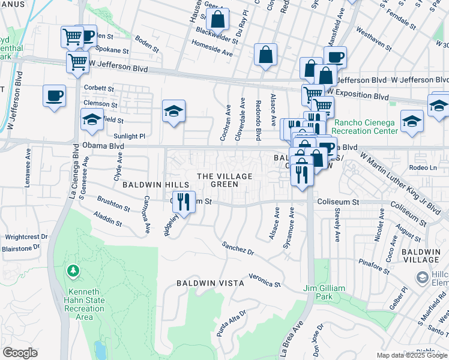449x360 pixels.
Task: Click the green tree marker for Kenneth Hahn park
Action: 73,272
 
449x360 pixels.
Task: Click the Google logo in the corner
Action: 20,352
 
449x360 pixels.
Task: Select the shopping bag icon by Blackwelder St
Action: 217,20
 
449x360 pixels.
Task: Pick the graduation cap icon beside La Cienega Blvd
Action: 92,119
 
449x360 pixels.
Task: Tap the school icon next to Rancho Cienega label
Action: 412,122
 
